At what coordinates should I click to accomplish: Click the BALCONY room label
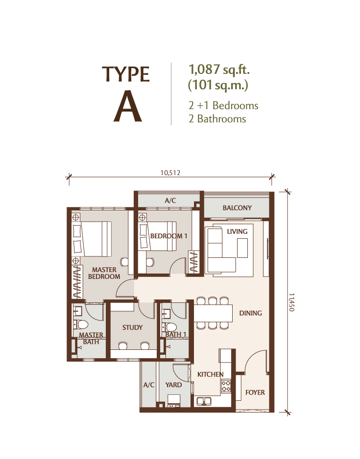point(237,208)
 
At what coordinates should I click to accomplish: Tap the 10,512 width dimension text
point(170,173)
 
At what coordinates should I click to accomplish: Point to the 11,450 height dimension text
point(291,302)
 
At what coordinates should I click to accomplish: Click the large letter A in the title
point(128,106)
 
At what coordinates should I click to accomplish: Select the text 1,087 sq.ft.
point(219,70)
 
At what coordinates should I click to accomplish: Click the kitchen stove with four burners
point(226,386)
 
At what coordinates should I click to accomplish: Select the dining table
point(213,313)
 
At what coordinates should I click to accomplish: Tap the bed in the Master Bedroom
point(92,239)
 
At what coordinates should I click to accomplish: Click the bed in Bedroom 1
point(158,236)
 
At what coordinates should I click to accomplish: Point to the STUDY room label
point(132,327)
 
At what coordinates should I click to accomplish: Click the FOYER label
point(255,392)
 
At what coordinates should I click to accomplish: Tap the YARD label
point(173,385)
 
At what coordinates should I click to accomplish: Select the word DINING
point(250,313)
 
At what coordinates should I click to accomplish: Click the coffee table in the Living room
point(242,248)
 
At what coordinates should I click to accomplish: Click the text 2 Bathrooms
point(217,119)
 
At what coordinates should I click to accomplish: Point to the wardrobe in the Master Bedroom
point(77,281)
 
